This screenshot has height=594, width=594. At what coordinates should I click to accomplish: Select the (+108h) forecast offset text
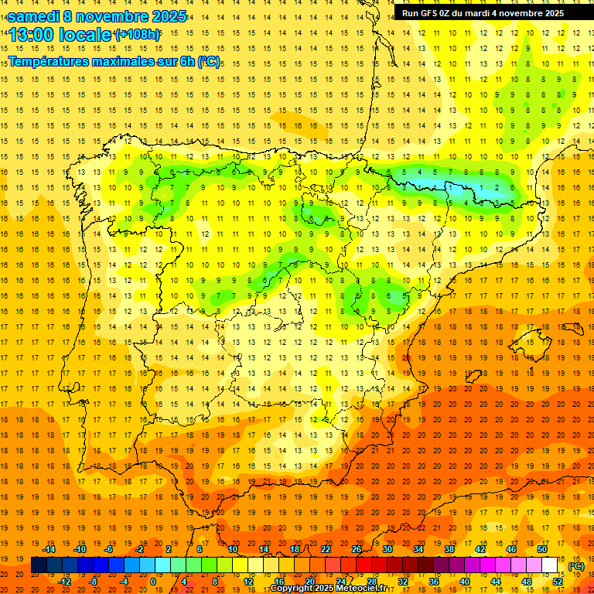pos(138,35)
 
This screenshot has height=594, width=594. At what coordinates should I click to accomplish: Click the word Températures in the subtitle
pos(49,61)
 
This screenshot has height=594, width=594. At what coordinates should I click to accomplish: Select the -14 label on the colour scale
pos(50,549)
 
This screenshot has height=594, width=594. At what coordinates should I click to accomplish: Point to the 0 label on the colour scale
pos(153,582)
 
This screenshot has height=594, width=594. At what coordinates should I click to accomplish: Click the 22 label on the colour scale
pos(325,549)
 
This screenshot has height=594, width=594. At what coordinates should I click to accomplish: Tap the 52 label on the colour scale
pos(558,582)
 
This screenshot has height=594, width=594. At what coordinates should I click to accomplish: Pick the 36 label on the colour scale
pos(433,582)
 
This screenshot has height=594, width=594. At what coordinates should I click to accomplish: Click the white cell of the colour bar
pos(550,565)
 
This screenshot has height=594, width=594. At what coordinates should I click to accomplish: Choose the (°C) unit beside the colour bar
pos(576,566)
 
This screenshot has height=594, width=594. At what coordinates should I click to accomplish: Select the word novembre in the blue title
pos(115,16)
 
